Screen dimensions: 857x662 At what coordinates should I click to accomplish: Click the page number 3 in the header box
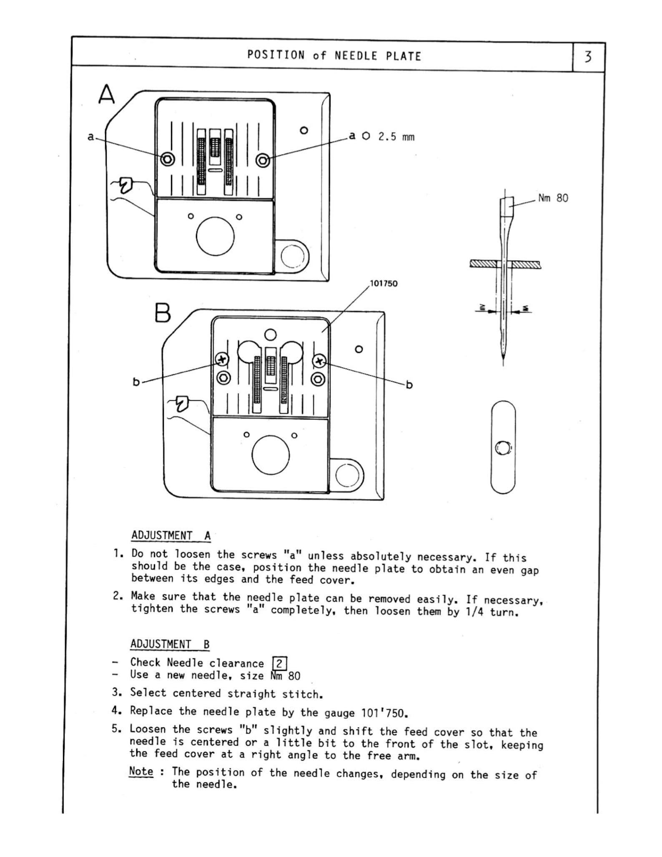[588, 57]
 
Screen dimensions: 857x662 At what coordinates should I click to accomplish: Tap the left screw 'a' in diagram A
[168, 159]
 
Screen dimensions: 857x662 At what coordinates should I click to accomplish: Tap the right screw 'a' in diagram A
[263, 160]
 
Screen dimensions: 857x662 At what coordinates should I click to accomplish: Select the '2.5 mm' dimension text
[396, 137]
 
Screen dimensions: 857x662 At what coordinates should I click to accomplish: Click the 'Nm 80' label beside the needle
[553, 198]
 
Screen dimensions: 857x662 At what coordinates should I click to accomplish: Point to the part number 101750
[384, 284]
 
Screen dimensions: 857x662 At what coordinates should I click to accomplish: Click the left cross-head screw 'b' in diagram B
[222, 359]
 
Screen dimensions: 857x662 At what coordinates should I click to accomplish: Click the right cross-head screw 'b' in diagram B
[319, 361]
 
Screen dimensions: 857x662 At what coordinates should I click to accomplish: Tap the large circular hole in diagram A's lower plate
[215, 236]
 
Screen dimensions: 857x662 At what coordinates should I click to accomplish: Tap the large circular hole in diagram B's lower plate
[271, 455]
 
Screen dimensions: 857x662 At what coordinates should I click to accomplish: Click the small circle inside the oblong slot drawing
[503, 448]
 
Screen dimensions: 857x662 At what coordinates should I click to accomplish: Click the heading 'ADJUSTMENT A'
[171, 535]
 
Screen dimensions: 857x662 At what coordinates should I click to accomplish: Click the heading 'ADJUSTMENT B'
[170, 644]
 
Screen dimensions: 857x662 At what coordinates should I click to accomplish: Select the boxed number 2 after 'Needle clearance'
[279, 663]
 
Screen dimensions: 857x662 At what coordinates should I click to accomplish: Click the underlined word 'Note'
[141, 771]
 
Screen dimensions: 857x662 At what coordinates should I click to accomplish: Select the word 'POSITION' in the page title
[276, 55]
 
